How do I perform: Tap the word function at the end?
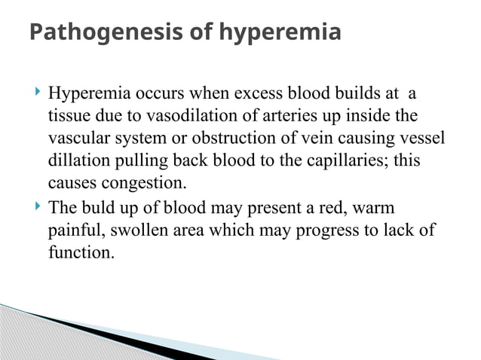click(80, 252)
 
